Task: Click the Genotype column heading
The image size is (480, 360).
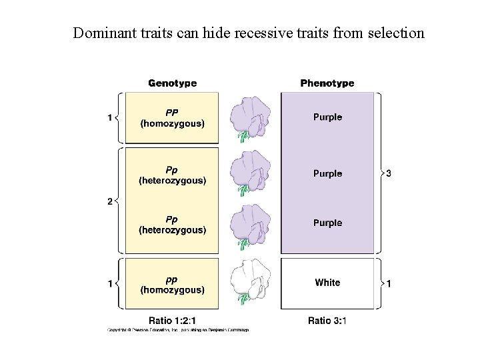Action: [x=172, y=83]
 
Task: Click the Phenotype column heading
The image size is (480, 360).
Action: [x=327, y=83]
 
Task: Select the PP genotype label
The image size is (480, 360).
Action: [x=172, y=112]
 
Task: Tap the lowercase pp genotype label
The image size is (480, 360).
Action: [x=172, y=279]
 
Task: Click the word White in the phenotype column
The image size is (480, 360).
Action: [x=327, y=283]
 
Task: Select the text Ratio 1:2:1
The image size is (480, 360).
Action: [x=172, y=320]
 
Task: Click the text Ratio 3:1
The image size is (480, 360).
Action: [x=327, y=320]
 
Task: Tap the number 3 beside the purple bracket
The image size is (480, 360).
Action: [x=389, y=173]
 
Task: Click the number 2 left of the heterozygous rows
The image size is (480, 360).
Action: [x=110, y=202]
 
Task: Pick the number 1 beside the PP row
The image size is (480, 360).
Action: [x=110, y=118]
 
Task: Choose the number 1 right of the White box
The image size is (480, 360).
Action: [x=389, y=284]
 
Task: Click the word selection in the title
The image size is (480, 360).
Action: [x=396, y=33]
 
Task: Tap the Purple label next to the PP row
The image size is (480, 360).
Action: [x=327, y=117]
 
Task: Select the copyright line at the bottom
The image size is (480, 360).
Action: [x=178, y=330]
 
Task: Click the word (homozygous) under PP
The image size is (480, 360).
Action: [x=172, y=123]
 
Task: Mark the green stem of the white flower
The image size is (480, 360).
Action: [x=244, y=299]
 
